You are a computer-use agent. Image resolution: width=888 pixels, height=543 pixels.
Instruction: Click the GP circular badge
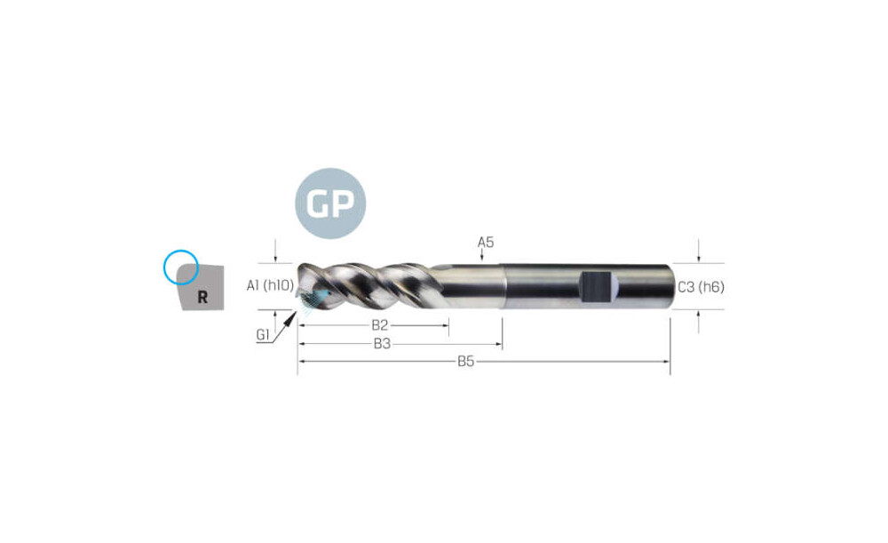point(330,203)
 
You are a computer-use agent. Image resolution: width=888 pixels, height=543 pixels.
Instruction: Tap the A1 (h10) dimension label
point(271,285)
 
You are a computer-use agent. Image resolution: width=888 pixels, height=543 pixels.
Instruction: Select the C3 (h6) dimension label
point(702,287)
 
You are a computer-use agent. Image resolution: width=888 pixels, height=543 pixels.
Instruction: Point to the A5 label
point(486,242)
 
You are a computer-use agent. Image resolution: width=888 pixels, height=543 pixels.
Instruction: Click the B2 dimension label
point(379,325)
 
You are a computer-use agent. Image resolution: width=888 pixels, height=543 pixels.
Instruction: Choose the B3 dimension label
point(382,344)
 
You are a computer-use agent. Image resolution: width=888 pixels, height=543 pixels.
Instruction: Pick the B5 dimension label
point(465,362)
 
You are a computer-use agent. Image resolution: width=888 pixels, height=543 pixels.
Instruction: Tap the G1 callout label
point(263,334)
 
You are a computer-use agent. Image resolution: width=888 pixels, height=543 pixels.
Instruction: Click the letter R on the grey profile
point(202,297)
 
